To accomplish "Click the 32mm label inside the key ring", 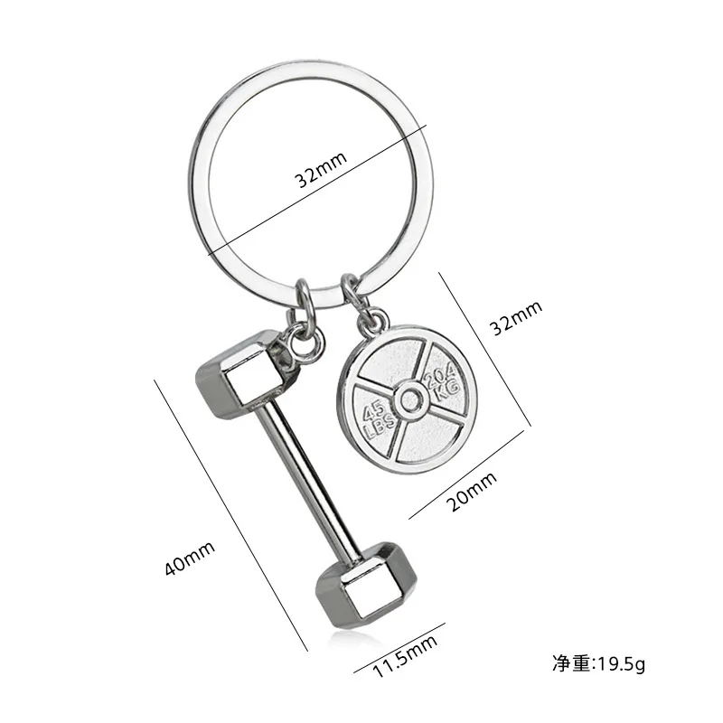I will (322, 179).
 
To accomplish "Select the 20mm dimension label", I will (473, 495).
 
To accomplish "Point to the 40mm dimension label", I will (189, 557).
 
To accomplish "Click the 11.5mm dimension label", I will (406, 655).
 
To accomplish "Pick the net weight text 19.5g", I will (599, 666).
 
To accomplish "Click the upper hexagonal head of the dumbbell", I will (242, 374).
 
